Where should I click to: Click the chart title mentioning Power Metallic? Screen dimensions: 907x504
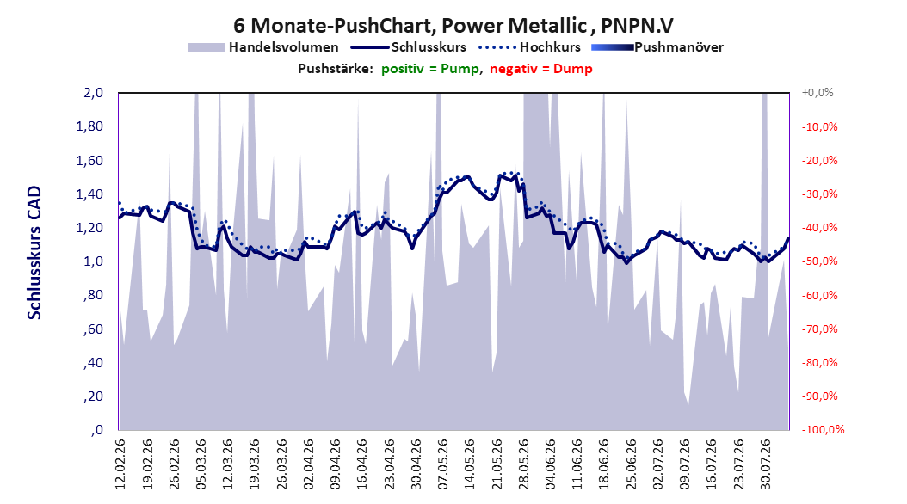[x=453, y=26]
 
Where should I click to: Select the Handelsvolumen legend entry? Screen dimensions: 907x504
[x=264, y=47]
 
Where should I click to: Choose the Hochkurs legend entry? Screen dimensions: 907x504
[x=530, y=47]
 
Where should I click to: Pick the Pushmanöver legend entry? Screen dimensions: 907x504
[x=657, y=47]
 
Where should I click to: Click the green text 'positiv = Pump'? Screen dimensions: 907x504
[x=430, y=69]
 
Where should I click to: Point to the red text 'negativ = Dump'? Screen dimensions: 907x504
[x=541, y=69]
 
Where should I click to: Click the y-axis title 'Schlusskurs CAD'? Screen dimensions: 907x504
[x=34, y=253]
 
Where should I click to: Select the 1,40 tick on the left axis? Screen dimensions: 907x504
[x=89, y=194]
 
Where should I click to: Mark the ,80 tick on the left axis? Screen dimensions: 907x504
[x=93, y=295]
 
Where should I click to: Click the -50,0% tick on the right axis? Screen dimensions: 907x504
[x=819, y=261]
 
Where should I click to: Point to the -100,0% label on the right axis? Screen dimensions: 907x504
[x=823, y=429]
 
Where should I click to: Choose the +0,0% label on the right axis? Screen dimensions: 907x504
[x=818, y=93]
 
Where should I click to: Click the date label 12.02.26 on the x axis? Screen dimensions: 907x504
[x=120, y=464]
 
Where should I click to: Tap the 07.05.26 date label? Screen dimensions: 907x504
[x=442, y=464]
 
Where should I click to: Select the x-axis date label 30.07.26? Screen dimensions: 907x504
[x=765, y=464]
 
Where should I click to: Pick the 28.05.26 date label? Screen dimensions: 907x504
[x=523, y=464]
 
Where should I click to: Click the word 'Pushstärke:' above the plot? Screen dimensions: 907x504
[x=336, y=69]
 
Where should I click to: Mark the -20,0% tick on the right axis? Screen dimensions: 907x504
[x=819, y=160]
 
